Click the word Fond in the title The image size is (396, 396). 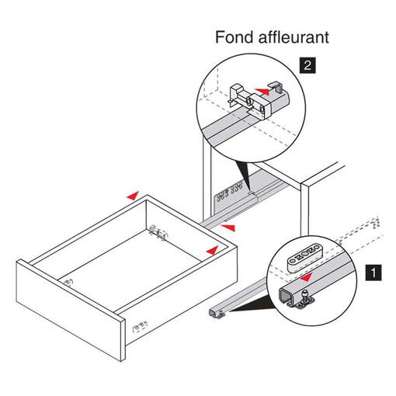pos(234,37)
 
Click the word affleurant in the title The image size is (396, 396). pos(294,37)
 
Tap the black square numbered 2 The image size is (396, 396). pos(307,66)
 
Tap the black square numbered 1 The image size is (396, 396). pos(373,273)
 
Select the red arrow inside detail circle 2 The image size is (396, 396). pos(262,92)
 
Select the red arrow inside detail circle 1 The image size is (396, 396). pos(305,277)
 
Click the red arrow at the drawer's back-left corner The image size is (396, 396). pos(133,196)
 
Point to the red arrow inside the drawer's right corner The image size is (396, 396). pos(212,250)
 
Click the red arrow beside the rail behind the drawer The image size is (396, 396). pos(228,228)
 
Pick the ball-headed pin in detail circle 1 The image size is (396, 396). pos(305,295)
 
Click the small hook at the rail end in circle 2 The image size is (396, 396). pos(276,87)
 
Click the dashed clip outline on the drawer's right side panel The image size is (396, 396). pos(140,327)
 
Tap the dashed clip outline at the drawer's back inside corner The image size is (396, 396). pos(158,232)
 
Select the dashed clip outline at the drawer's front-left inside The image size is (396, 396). pos(68,282)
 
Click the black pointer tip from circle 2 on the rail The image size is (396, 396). pos(249,192)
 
